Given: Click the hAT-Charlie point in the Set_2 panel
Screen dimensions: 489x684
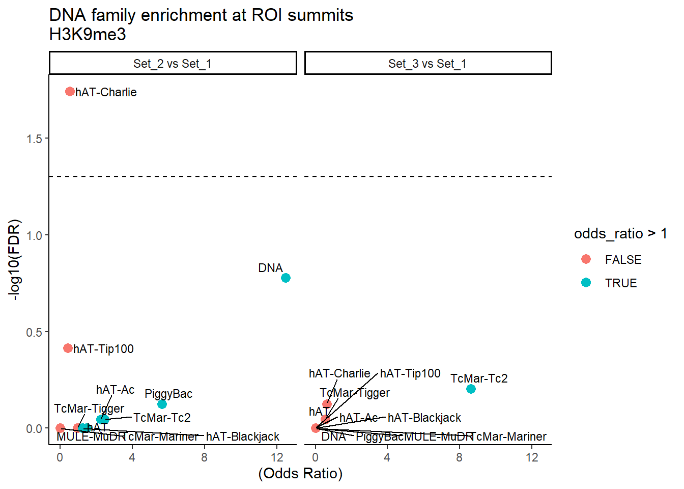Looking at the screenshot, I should pyautogui.click(x=70, y=92).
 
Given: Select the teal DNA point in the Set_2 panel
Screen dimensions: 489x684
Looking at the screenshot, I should pyautogui.click(x=286, y=278).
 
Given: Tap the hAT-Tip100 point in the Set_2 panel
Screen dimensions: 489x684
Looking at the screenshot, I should pyautogui.click(x=68, y=348).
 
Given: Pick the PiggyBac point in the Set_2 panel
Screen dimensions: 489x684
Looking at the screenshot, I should pyautogui.click(x=162, y=404).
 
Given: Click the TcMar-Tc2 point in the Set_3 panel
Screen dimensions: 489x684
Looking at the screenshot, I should pyautogui.click(x=471, y=389).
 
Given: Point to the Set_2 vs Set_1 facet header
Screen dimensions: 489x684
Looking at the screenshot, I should pyautogui.click(x=173, y=64).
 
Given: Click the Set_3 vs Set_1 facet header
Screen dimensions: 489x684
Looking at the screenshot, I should pyautogui.click(x=427, y=64).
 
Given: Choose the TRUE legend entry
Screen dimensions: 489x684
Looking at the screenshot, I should pyautogui.click(x=620, y=283).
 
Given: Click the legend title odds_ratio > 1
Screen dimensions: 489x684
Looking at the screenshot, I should pyautogui.click(x=620, y=233).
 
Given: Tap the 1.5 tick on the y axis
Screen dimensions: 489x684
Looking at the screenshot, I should pyautogui.click(x=35, y=139).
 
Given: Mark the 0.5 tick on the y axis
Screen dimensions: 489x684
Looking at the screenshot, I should pyautogui.click(x=35, y=332).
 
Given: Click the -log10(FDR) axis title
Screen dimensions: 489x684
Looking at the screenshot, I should pyautogui.click(x=15, y=260).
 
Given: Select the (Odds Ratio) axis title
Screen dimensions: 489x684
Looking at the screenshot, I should pyautogui.click(x=300, y=473).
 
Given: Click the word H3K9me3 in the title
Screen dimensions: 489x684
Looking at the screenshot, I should pyautogui.click(x=88, y=34).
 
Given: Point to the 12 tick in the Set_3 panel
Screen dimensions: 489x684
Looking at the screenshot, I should pyautogui.click(x=532, y=457).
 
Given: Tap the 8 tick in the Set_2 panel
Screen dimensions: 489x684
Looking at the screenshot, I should pyautogui.click(x=204, y=457).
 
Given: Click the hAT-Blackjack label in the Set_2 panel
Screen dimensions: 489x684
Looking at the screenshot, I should pyautogui.click(x=243, y=437).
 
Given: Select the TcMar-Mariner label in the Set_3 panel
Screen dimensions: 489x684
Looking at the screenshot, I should pyautogui.click(x=509, y=437).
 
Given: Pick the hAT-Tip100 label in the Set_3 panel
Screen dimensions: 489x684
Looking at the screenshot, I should pyautogui.click(x=410, y=373).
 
